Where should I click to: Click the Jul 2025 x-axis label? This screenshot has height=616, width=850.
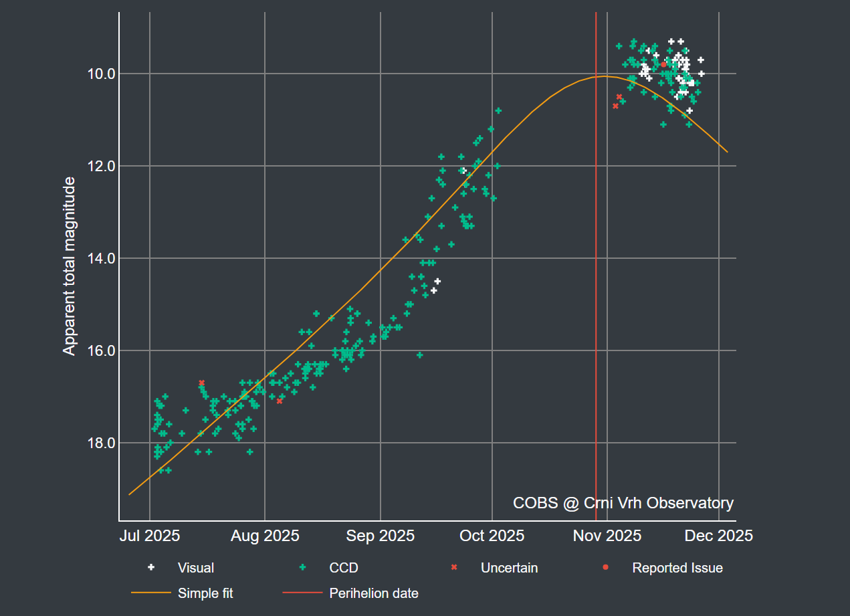tap(150, 536)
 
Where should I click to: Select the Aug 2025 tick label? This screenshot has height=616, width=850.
tap(265, 536)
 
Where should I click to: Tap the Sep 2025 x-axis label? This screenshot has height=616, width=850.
tap(381, 536)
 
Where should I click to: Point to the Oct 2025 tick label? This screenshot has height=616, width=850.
tap(492, 536)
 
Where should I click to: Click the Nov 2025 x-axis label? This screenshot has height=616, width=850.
tap(607, 536)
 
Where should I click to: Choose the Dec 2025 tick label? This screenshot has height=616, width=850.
tap(719, 536)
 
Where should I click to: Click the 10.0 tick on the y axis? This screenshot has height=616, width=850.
tap(99, 74)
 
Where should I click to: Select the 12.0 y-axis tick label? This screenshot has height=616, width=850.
tap(99, 166)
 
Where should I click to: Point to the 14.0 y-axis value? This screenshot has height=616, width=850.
tap(99, 258)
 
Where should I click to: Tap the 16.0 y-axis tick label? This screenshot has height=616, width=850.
tap(99, 350)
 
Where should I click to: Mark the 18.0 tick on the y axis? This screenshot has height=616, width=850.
tap(99, 443)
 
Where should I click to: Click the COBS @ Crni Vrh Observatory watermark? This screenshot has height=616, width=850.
tap(623, 503)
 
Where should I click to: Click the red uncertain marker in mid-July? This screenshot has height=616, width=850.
tap(201, 383)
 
